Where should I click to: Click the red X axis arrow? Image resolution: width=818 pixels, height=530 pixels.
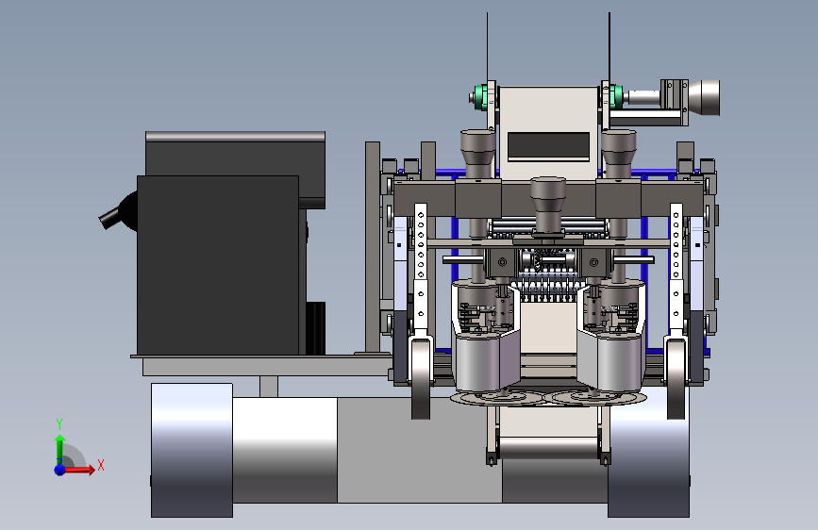pyautogui.click(x=78, y=470)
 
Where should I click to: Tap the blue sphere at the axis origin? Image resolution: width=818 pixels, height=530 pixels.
pyautogui.click(x=60, y=470)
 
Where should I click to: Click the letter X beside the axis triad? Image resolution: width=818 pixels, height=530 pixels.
pyautogui.click(x=101, y=465)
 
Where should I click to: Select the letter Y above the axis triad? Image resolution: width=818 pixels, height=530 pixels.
pyautogui.click(x=59, y=423)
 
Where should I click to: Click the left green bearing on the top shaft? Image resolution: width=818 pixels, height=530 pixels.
pyautogui.click(x=481, y=97)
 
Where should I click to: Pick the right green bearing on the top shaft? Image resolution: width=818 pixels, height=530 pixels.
pyautogui.click(x=615, y=97)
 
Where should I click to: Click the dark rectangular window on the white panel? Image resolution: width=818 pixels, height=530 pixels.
pyautogui.click(x=548, y=144)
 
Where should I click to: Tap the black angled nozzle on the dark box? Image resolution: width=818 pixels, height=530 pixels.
pyautogui.click(x=116, y=212)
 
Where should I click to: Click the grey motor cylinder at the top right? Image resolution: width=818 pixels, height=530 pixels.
pyautogui.click(x=704, y=97)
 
